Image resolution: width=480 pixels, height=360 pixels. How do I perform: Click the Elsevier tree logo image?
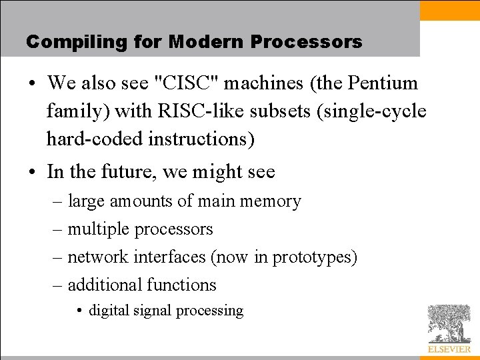point(449,324)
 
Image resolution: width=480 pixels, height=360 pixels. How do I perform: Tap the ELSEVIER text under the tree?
point(449,349)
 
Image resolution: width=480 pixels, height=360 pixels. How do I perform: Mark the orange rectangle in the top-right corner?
point(450,10)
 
